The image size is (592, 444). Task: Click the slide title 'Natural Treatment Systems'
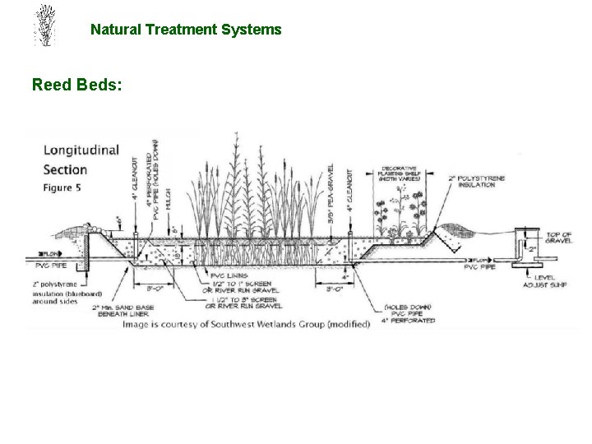(x=186, y=30)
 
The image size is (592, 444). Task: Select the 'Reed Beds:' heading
(x=77, y=84)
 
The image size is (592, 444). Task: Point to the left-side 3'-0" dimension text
(x=157, y=288)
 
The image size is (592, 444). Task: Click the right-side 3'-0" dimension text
(x=336, y=289)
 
